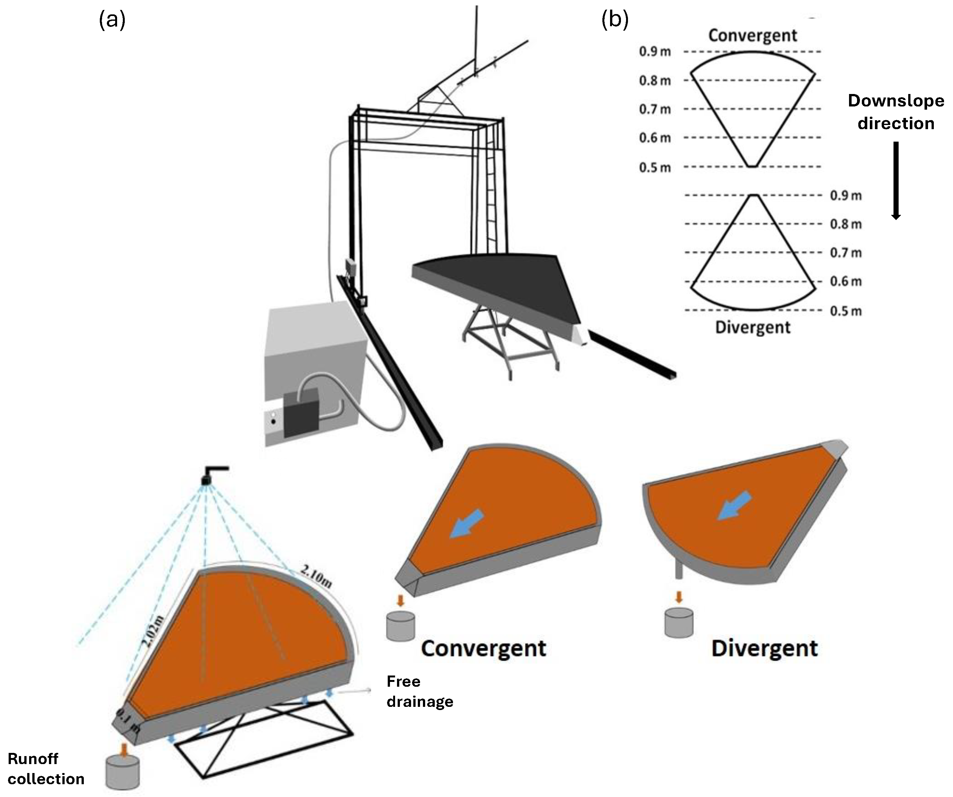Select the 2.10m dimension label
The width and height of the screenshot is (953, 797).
[x=316, y=577]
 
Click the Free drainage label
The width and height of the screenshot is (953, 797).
[x=419, y=691]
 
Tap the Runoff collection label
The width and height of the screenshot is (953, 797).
[x=45, y=769]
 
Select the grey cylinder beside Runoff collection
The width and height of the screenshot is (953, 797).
[x=123, y=772]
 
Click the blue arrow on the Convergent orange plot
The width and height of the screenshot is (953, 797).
[x=466, y=523]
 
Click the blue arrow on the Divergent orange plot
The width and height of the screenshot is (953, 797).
[x=734, y=506]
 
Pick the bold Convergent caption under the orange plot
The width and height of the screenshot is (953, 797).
[x=483, y=648]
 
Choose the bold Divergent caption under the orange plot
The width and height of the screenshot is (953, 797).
[x=764, y=648]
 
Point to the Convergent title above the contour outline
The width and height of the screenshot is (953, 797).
[x=752, y=35]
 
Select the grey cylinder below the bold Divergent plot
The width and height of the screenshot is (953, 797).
[x=679, y=623]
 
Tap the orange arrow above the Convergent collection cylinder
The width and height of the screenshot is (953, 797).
[x=400, y=601]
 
